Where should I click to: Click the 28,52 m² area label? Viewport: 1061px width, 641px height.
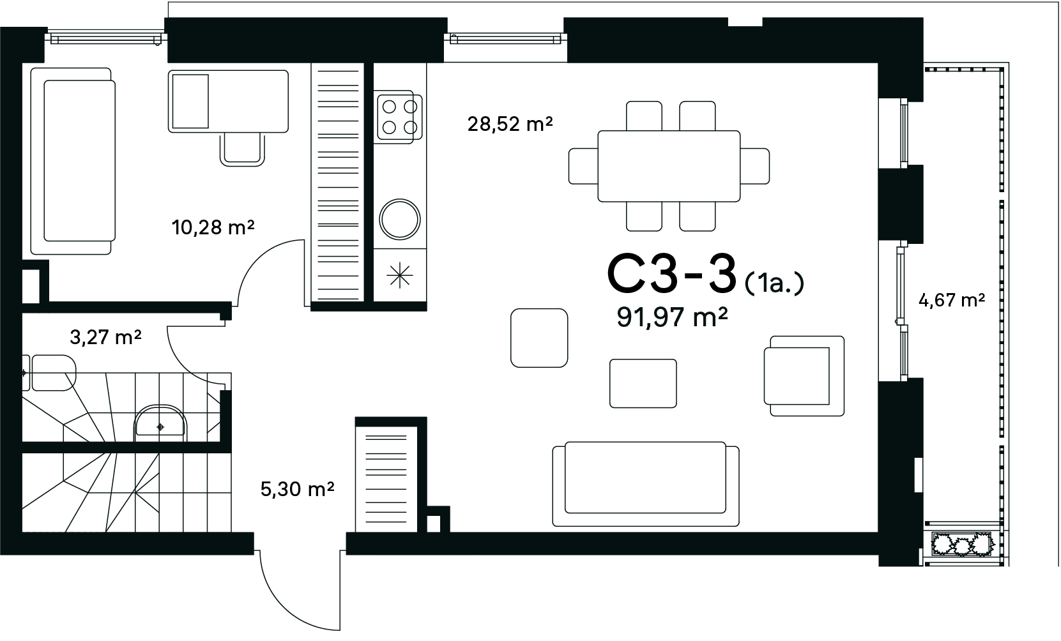tap(510, 124)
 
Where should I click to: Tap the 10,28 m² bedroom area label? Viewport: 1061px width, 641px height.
tap(213, 227)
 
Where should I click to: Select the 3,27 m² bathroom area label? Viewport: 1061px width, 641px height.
tap(105, 337)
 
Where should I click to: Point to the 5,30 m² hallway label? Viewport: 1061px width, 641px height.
tap(298, 488)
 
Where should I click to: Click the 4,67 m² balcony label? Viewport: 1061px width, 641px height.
tap(952, 300)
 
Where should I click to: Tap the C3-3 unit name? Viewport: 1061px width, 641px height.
tap(671, 274)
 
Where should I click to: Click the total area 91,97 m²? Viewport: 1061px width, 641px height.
tap(672, 317)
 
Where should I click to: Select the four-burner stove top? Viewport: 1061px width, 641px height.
tap(399, 117)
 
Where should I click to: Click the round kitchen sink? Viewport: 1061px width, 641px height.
tap(400, 219)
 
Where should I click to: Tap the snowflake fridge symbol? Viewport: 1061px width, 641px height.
tap(400, 275)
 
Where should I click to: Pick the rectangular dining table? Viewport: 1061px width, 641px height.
tap(669, 166)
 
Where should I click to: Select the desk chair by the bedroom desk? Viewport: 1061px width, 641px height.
tap(242, 149)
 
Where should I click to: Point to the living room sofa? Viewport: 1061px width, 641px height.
tap(646, 484)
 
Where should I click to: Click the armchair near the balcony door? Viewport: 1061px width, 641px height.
tap(804, 376)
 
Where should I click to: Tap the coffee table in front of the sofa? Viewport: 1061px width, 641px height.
tap(643, 384)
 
